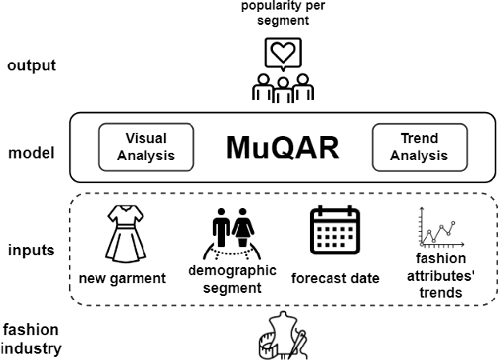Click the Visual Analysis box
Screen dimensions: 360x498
coord(146,146)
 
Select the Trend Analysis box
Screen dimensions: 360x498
coord(409,146)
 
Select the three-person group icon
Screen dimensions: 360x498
coord(282,89)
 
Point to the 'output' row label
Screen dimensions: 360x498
coord(31,65)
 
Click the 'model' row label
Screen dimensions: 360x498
coord(30,152)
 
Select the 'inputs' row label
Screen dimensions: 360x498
coord(30,250)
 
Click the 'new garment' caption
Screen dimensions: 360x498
coord(122,278)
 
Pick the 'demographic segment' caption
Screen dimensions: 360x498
coord(233,278)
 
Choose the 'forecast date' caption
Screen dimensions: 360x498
coord(335,278)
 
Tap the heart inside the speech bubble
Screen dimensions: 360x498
coord(281,51)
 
